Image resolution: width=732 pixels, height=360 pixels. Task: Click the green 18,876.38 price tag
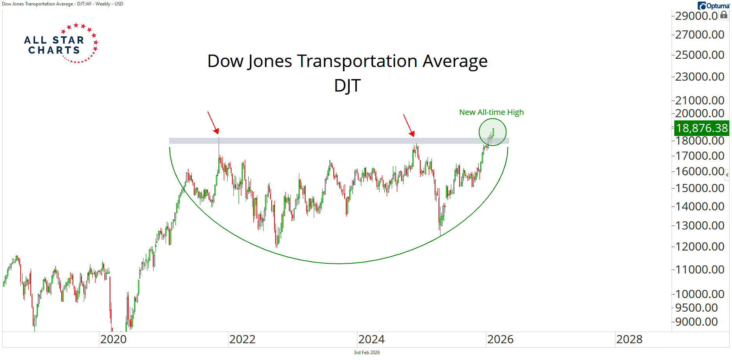coord(702,128)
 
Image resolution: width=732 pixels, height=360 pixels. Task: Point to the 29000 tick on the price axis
coord(696,16)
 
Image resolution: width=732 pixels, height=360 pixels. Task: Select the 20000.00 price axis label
coord(700,113)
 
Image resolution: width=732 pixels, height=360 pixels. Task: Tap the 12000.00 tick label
coord(700,247)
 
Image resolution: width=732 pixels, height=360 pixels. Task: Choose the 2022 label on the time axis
coord(242,339)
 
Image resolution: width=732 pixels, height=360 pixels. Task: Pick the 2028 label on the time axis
coord(629,339)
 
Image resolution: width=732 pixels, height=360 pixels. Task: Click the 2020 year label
coord(113,339)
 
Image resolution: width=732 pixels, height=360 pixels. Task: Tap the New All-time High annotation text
coord(491,112)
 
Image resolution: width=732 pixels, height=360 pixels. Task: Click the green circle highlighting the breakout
coord(493,132)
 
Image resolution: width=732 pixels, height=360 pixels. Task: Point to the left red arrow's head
coord(217,132)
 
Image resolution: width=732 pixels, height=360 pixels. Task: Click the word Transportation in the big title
coord(357,61)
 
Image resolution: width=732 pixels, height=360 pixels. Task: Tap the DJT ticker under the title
coord(347,85)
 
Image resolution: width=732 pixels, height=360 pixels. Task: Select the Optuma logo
coord(713,5)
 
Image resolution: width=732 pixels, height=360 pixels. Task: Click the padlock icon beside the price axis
coord(724,15)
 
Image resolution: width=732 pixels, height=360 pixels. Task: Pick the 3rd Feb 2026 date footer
coord(366,353)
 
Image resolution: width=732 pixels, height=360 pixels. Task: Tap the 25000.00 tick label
coord(700,55)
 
